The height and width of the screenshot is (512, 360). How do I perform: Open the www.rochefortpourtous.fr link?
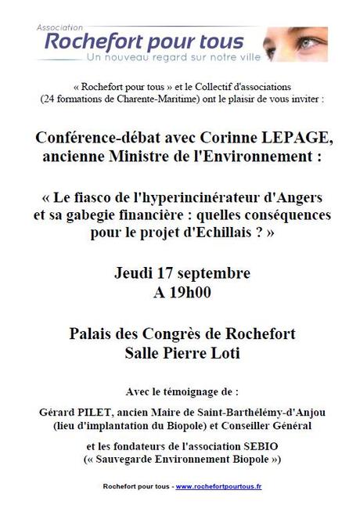click(219, 487)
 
